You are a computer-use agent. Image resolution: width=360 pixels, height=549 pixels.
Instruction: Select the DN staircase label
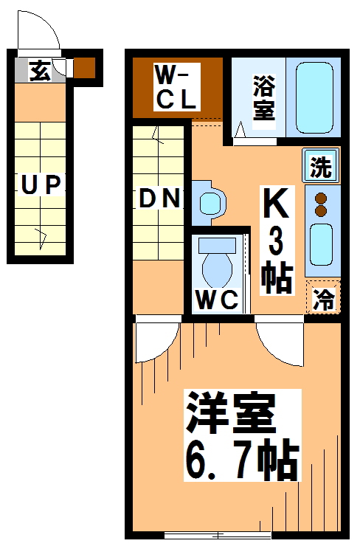click(x=159, y=198)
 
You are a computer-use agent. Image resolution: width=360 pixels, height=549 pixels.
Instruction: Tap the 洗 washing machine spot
click(x=320, y=167)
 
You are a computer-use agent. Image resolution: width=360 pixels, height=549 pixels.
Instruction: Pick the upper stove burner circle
click(x=321, y=198)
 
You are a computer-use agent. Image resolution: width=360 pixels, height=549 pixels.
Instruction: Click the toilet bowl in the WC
click(x=218, y=266)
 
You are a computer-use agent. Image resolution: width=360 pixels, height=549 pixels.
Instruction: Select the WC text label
click(x=216, y=300)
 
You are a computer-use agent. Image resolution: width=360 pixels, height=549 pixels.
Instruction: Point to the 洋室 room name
click(x=231, y=414)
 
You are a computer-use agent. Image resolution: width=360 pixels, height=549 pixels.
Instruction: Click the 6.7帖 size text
click(x=240, y=459)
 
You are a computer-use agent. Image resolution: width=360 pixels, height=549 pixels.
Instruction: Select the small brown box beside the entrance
click(x=84, y=67)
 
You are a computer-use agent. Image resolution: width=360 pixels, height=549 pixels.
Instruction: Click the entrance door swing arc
click(x=38, y=32)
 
